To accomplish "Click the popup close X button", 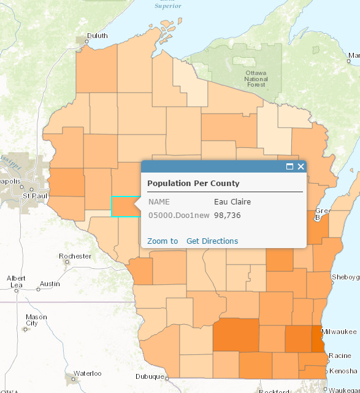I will tap(301, 166).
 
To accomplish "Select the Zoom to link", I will tap(163, 241).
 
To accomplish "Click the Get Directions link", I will tap(212, 241).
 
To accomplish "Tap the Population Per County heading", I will tap(193, 184).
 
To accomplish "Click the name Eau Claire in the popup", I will tap(232, 201).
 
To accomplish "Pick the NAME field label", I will tap(159, 201).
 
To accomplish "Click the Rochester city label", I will tap(75, 256).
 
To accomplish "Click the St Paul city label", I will tap(34, 195).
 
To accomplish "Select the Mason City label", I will tap(32, 320).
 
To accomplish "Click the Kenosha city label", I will tap(343, 371).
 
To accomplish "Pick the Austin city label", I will tap(49, 284).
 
